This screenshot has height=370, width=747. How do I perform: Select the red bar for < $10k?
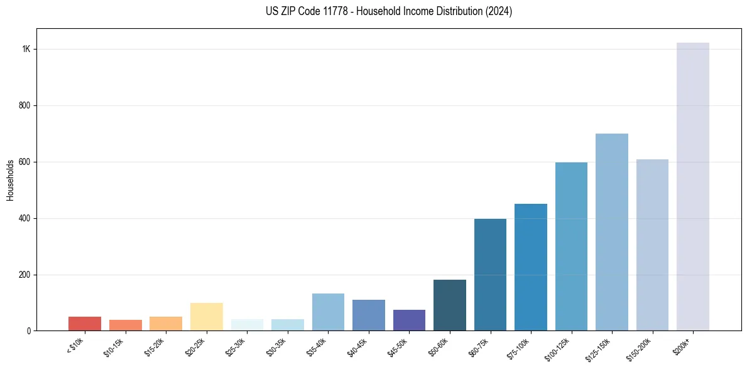point(85,324)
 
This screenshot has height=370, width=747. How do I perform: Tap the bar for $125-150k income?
point(611,232)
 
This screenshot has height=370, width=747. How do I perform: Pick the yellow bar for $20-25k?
point(206,317)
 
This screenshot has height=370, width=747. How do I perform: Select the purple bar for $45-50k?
point(409,320)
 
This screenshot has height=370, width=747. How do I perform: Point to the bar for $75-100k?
point(530,267)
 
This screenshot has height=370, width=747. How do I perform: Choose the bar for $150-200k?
point(652,245)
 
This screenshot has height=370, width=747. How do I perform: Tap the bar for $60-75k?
point(490,275)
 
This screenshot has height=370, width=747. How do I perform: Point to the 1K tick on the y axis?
point(26,50)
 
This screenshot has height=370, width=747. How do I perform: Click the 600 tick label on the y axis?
point(25,162)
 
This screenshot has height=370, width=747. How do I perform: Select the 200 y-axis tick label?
point(25,275)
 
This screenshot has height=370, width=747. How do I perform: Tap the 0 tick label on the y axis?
point(28,331)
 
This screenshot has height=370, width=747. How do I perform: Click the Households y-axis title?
point(11,180)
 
